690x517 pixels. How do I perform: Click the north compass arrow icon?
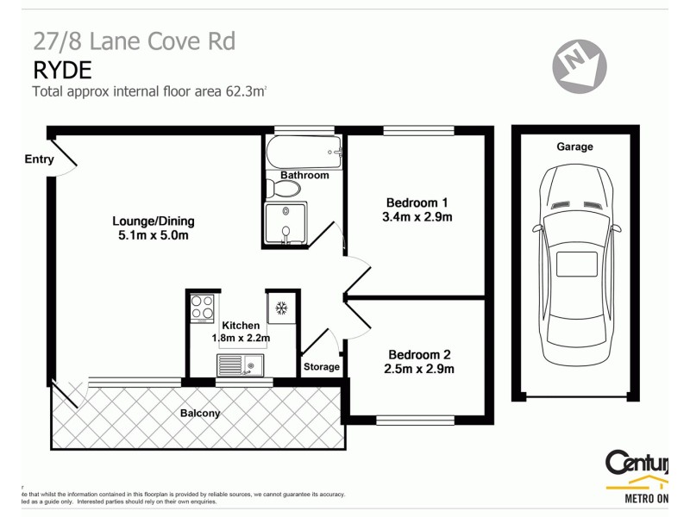580,64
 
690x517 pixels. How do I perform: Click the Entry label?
40,159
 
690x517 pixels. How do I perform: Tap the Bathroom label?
304,175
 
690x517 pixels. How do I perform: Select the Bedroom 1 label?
417,203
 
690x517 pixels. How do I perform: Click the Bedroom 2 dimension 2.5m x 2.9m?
419,369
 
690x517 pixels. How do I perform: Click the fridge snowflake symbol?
281,308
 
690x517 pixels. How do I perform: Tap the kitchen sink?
241,367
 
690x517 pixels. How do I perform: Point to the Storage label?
322,367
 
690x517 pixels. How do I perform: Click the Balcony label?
200,414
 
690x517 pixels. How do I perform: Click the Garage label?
574,146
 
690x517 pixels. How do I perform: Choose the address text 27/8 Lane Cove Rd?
134,40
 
